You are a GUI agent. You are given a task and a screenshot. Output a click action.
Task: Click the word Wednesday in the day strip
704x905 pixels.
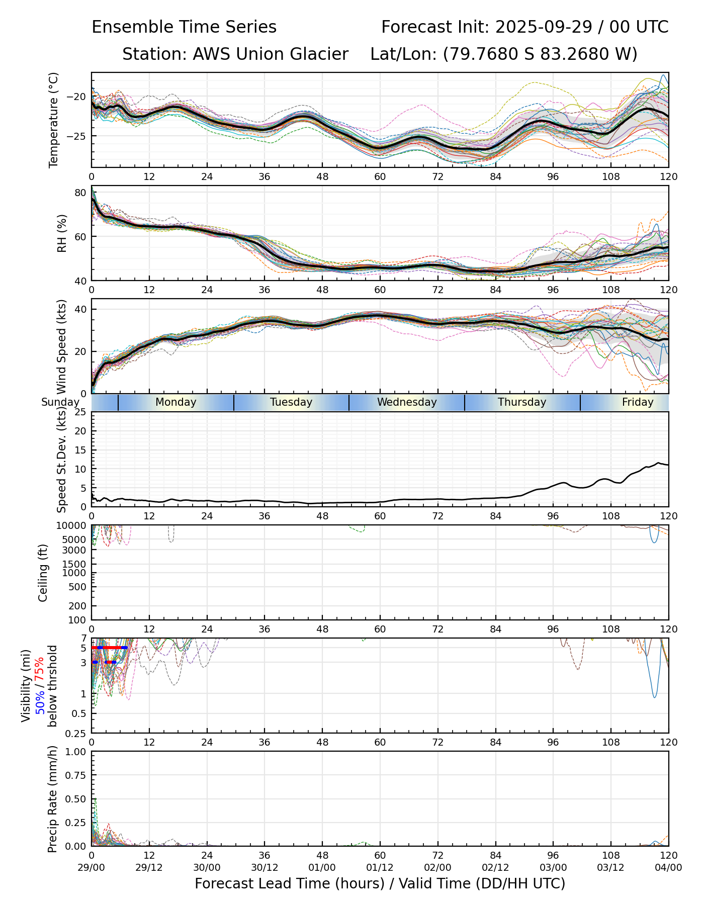407,402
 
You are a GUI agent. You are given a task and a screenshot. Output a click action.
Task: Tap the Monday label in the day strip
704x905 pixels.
175,402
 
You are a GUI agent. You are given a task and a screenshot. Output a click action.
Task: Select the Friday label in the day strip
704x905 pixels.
638,402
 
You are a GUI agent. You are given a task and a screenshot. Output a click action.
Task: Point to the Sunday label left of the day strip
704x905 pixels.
60,402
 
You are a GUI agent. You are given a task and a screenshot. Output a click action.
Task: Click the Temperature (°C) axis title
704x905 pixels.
54,120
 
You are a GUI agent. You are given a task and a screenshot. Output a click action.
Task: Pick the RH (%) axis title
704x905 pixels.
62,233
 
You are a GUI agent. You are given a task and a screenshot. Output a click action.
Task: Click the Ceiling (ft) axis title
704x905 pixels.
43,573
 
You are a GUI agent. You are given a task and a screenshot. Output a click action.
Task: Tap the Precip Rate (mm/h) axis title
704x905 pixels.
52,799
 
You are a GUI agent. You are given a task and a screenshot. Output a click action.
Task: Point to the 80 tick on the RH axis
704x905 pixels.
80,193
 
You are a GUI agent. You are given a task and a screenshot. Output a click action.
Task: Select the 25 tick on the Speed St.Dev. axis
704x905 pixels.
80,412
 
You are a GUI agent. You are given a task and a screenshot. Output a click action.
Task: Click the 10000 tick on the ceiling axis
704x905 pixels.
73,526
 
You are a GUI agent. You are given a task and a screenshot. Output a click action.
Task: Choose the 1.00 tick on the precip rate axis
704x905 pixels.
75,752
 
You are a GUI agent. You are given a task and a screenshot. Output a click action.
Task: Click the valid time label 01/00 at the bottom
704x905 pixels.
322,867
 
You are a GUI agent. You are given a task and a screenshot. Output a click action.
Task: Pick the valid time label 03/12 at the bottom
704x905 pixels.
611,867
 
